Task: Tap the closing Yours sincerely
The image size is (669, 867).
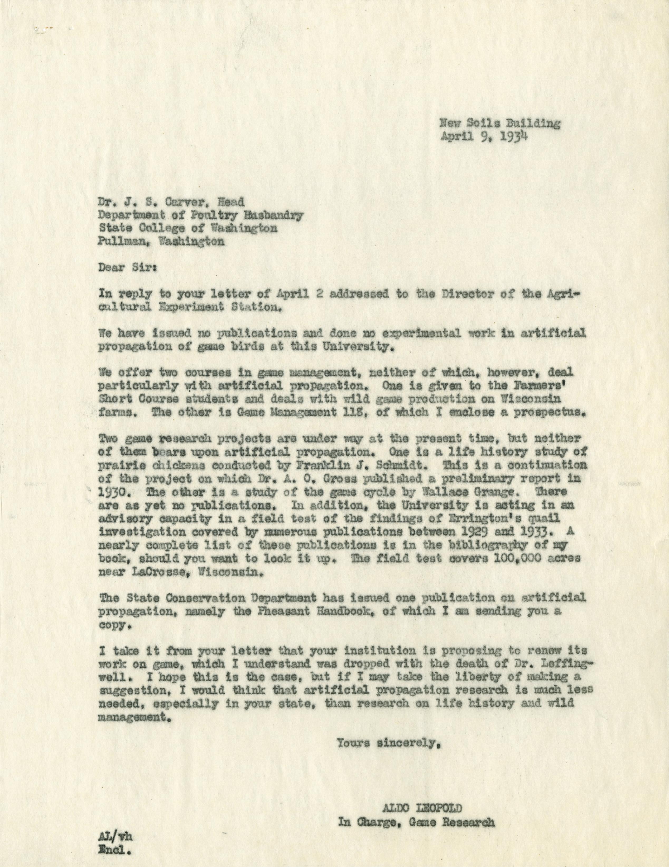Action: (x=388, y=742)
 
